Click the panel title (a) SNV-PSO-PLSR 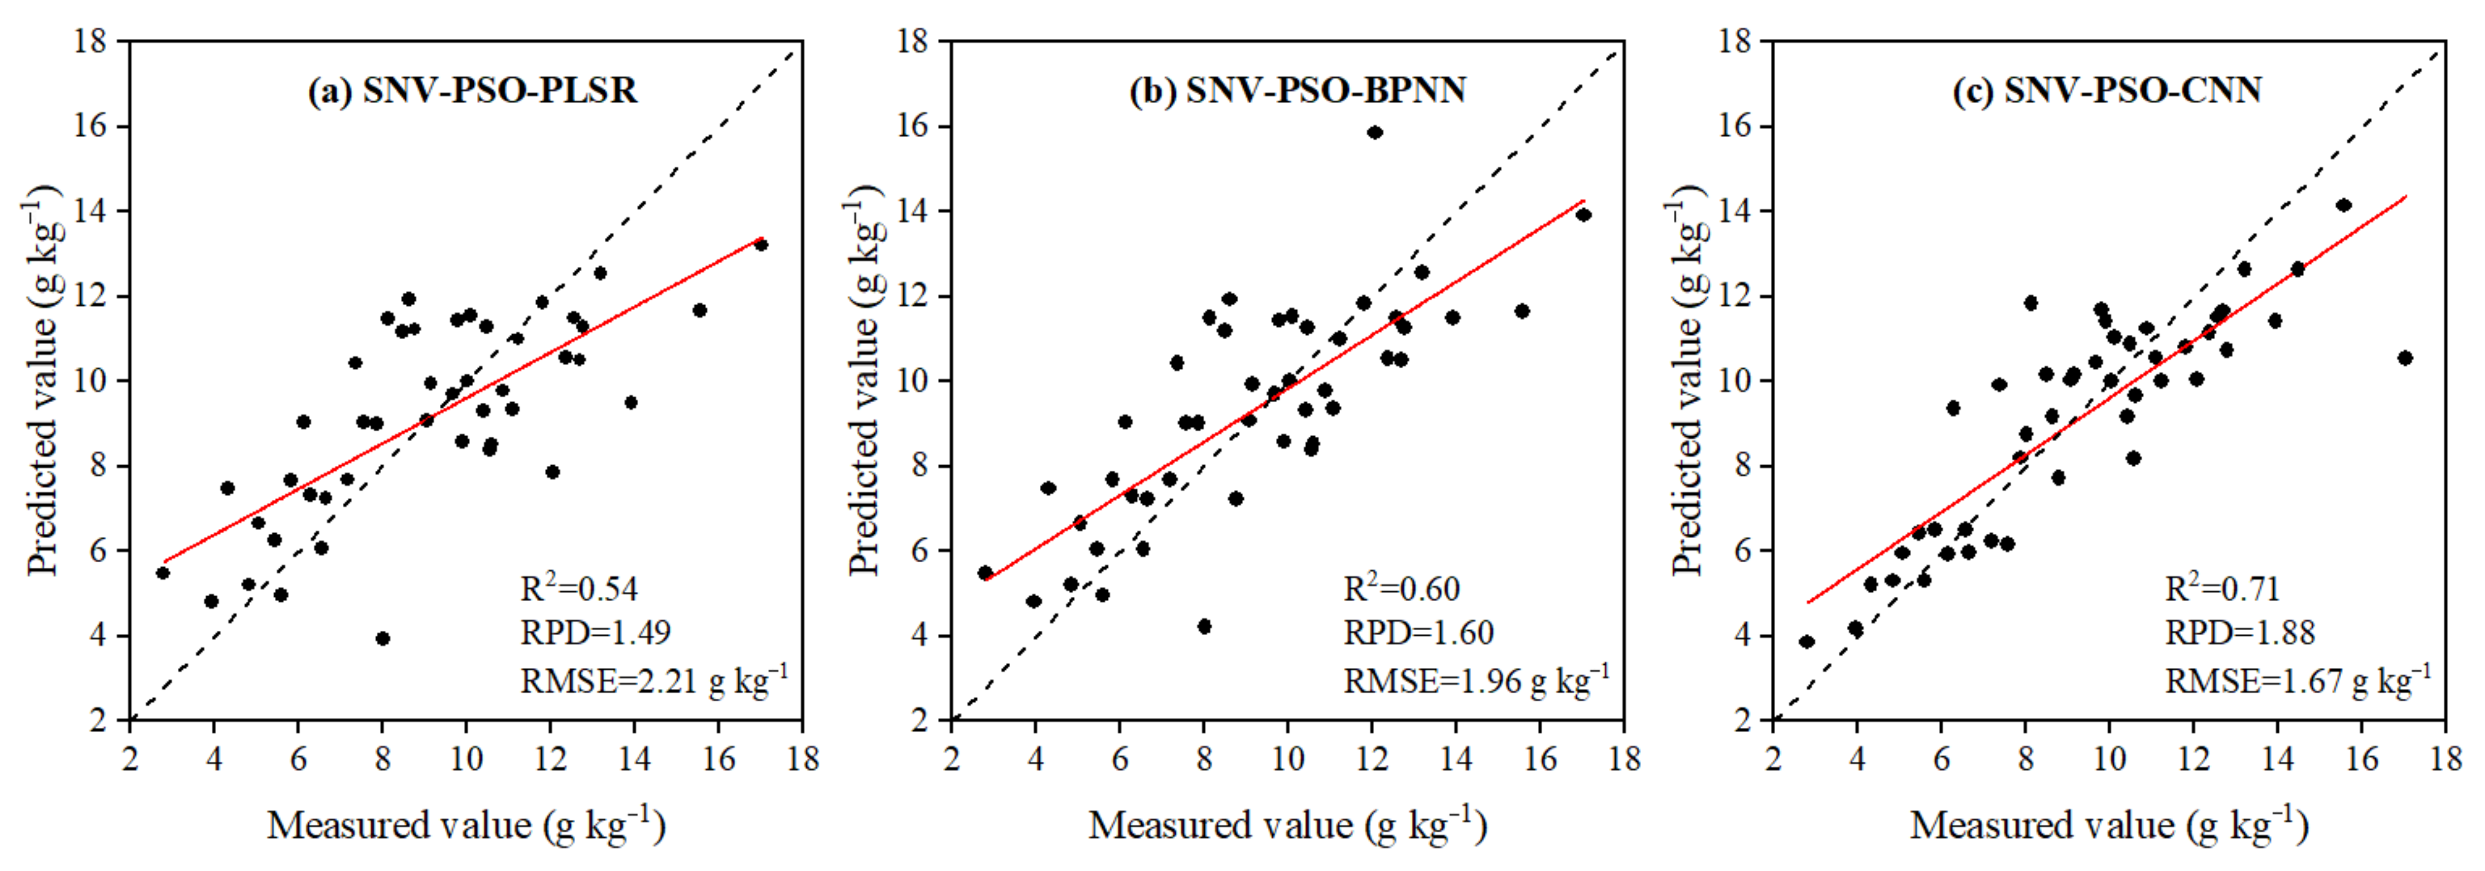point(473,90)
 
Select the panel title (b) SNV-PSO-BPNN point(1298,90)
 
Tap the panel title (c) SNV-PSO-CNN point(2108,90)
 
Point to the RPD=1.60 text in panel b point(1418,633)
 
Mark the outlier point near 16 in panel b point(1375,132)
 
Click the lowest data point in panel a point(382,639)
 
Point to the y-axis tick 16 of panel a point(92,126)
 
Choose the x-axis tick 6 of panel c point(1941,759)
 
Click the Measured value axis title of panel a point(466,827)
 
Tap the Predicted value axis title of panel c point(1688,381)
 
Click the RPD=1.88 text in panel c point(2240,633)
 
